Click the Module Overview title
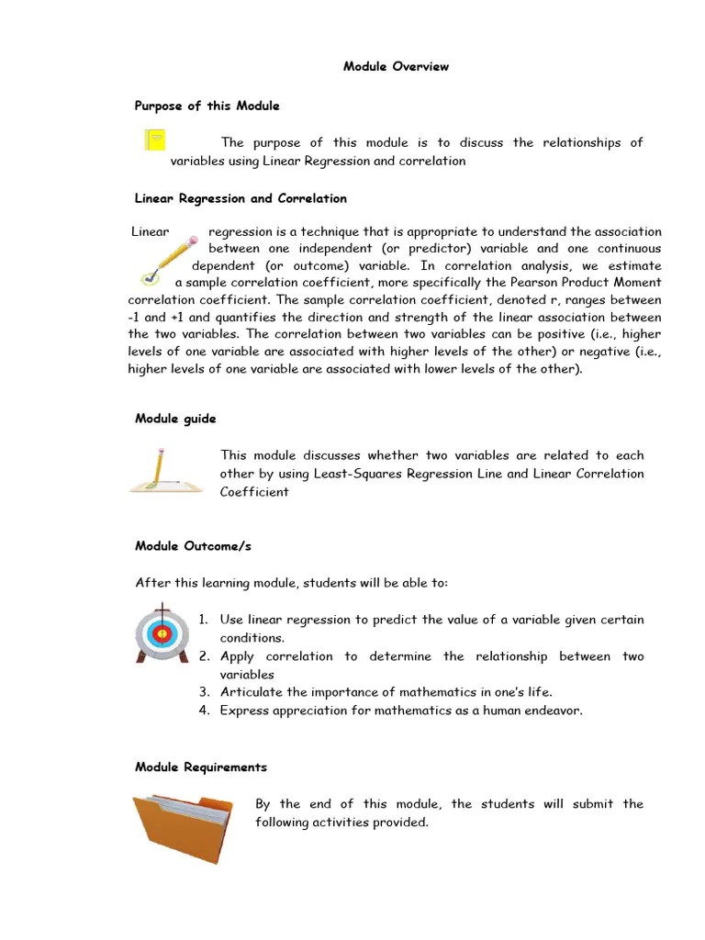point(396,67)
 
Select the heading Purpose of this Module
point(207,106)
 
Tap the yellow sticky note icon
point(155,140)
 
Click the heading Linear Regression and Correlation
point(241,198)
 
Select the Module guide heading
point(175,419)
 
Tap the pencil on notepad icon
point(166,470)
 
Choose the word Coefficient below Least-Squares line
point(254,492)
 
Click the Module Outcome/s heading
point(193,546)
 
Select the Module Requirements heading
point(201,767)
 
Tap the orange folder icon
point(180,829)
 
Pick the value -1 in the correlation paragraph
point(134,317)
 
